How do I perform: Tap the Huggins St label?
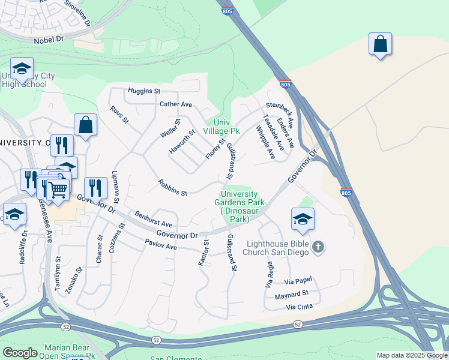tap(144, 91)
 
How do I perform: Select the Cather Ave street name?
tap(175, 104)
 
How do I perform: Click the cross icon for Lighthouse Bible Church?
tap(318, 247)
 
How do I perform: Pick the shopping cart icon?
tap(58, 188)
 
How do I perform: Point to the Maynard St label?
tap(291, 293)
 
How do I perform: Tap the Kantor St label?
tap(203, 253)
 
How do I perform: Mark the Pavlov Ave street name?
tap(161, 246)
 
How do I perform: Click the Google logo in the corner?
tap(20, 353)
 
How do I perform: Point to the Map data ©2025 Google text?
tap(411, 355)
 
